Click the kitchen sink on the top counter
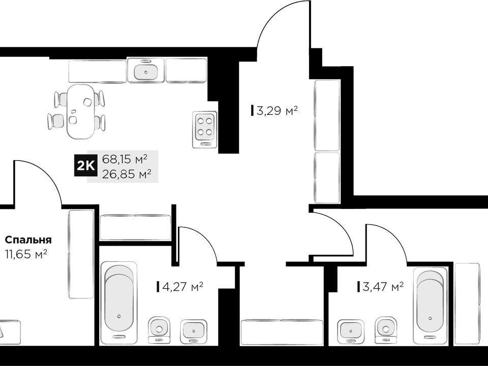[146, 71]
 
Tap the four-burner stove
[205, 130]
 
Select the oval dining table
[81, 111]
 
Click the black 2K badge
[85, 167]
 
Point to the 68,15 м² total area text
[125, 159]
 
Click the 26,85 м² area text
[127, 174]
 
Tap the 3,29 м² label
[274, 110]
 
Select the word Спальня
[28, 240]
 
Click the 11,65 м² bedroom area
[26, 254]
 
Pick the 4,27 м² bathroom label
[180, 286]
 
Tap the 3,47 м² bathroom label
[380, 286]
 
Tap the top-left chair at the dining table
[60, 99]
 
